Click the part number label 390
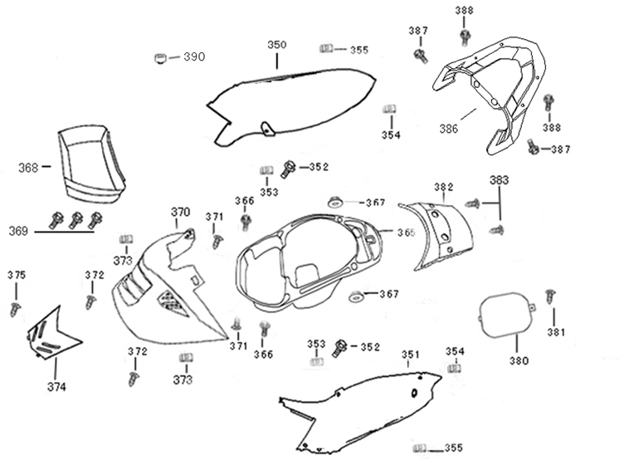click(193, 56)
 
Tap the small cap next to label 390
click(159, 56)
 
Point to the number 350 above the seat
click(276, 44)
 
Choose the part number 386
click(448, 130)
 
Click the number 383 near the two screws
click(499, 179)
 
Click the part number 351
click(410, 355)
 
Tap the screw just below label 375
click(15, 308)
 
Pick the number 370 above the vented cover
click(180, 212)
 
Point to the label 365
click(406, 232)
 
